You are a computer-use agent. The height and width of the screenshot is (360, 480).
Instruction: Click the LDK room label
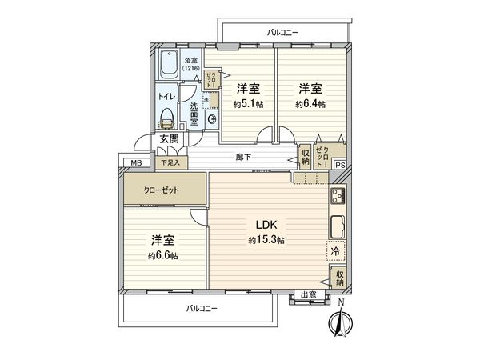coord(267,225)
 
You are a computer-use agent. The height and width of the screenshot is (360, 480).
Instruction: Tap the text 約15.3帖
coord(267,240)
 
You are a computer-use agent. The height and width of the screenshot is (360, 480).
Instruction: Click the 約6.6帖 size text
coord(162,255)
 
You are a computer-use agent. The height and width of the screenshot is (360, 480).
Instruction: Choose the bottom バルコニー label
coord(202,308)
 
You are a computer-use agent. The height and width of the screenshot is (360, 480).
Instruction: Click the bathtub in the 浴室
coord(170,64)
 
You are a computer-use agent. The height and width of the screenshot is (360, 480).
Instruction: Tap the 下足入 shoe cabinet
coord(171,162)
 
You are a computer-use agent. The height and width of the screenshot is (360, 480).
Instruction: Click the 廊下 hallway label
coord(244,157)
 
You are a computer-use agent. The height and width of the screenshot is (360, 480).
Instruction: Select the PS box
coord(340,166)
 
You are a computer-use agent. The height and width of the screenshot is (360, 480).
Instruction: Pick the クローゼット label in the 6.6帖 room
coord(162,191)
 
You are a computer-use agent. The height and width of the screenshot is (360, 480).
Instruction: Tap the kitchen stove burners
coord(337,196)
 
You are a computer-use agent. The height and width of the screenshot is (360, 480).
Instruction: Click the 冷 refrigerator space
coord(337,251)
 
